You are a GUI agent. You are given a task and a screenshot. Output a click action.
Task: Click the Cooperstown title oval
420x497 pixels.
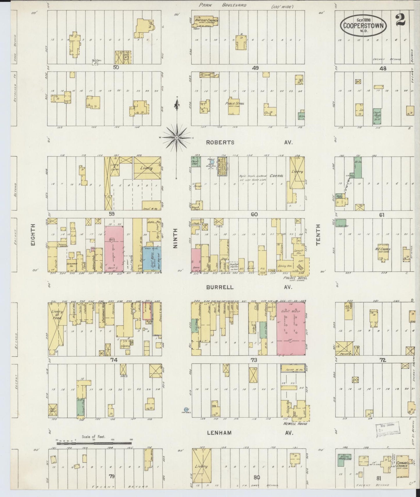tap(363, 26)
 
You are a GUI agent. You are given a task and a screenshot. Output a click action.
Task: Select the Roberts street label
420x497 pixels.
tap(220, 142)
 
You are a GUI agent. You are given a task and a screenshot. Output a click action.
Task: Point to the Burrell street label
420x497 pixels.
tap(220, 287)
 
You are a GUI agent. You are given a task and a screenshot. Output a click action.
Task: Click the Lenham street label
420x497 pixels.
tap(219, 433)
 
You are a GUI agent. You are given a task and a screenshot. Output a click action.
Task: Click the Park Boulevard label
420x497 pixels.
tap(223, 5)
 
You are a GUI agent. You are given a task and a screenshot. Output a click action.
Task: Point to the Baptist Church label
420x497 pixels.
tap(207, 21)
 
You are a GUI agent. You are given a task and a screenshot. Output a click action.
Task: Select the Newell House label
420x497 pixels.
tap(295, 424)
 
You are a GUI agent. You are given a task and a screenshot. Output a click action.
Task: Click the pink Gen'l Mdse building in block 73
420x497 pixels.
tap(291, 328)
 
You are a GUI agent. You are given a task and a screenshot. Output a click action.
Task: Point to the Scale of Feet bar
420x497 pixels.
tap(94, 444)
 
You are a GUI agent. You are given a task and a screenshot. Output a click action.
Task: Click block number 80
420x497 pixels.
tap(256, 477)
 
